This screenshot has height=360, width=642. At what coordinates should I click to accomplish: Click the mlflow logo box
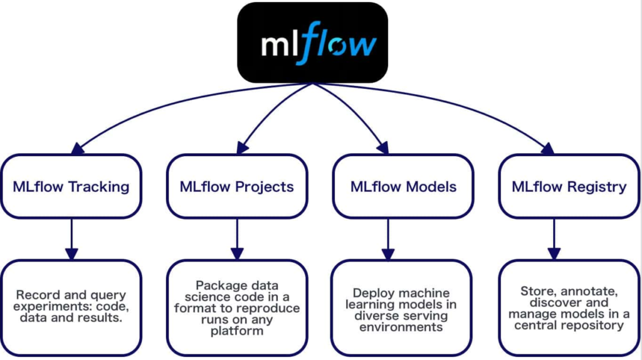click(312, 43)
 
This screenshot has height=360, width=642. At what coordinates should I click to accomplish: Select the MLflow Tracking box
click(71, 186)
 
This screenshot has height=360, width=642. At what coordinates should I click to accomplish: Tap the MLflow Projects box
click(237, 186)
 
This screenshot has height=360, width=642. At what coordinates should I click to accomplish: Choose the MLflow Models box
click(403, 186)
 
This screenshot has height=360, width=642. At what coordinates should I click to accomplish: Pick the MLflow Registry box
click(569, 186)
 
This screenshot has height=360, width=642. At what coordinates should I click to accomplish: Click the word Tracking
click(98, 187)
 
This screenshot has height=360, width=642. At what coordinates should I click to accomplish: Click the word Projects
click(265, 187)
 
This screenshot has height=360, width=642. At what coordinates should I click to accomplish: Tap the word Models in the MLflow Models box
click(431, 187)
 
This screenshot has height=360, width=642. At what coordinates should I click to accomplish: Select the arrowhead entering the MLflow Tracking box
click(77, 149)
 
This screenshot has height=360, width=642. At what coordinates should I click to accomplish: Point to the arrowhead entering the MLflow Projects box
click(242, 148)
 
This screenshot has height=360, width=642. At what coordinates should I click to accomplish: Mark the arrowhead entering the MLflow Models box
click(383, 148)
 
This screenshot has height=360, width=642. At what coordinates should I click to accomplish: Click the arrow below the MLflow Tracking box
click(71, 239)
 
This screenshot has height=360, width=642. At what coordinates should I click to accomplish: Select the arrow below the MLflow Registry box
click(554, 239)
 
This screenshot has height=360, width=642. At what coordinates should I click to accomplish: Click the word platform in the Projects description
click(237, 331)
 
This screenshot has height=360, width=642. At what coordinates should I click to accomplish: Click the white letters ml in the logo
click(280, 45)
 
